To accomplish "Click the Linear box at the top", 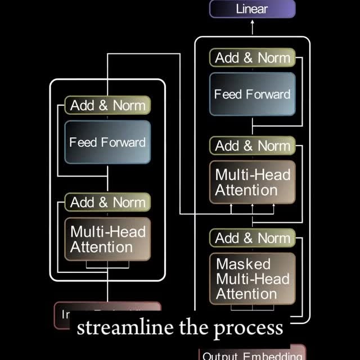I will pos(252,9).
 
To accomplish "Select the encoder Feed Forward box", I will pos(107,142).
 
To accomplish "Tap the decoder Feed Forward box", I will pos(252,94).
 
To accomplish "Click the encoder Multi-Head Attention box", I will pos(107,239).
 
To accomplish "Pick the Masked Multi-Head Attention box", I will pos(252,278).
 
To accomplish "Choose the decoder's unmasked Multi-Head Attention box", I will pos(252,182).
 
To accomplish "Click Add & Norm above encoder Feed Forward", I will pos(107,105).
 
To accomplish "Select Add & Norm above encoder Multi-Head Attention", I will pos(107,202).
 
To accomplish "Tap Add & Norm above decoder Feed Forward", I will pos(252,57).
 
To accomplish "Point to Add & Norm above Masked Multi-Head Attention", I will pos(252,238).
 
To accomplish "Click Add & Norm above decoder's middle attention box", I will pos(252,146).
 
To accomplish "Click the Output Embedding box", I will pos(252,354).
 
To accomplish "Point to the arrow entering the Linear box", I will pos(252,25).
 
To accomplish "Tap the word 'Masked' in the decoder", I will pos(235,264).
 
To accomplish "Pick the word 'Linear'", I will pos(252,9).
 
